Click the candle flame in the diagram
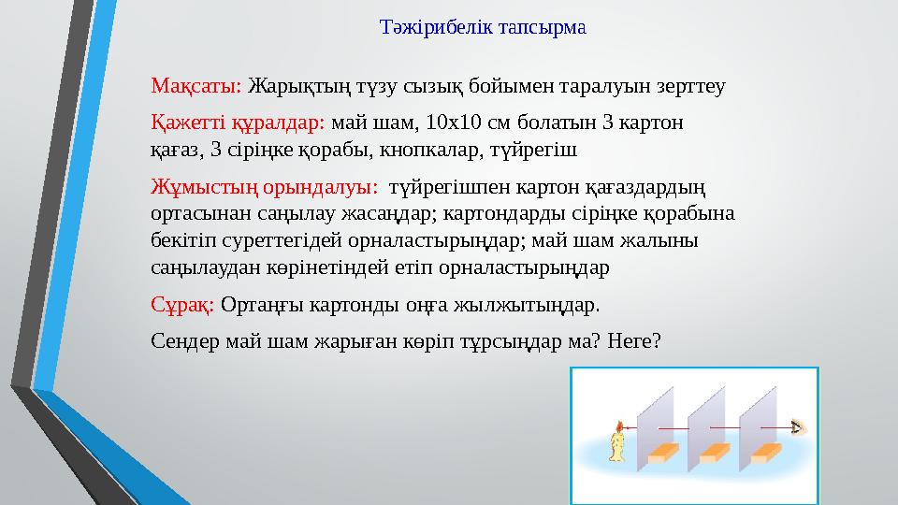click(x=617, y=428)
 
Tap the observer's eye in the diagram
click(x=798, y=428)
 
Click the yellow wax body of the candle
click(x=617, y=448)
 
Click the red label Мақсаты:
click(x=196, y=87)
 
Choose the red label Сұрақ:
click(x=183, y=305)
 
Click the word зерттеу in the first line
click(x=693, y=87)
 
